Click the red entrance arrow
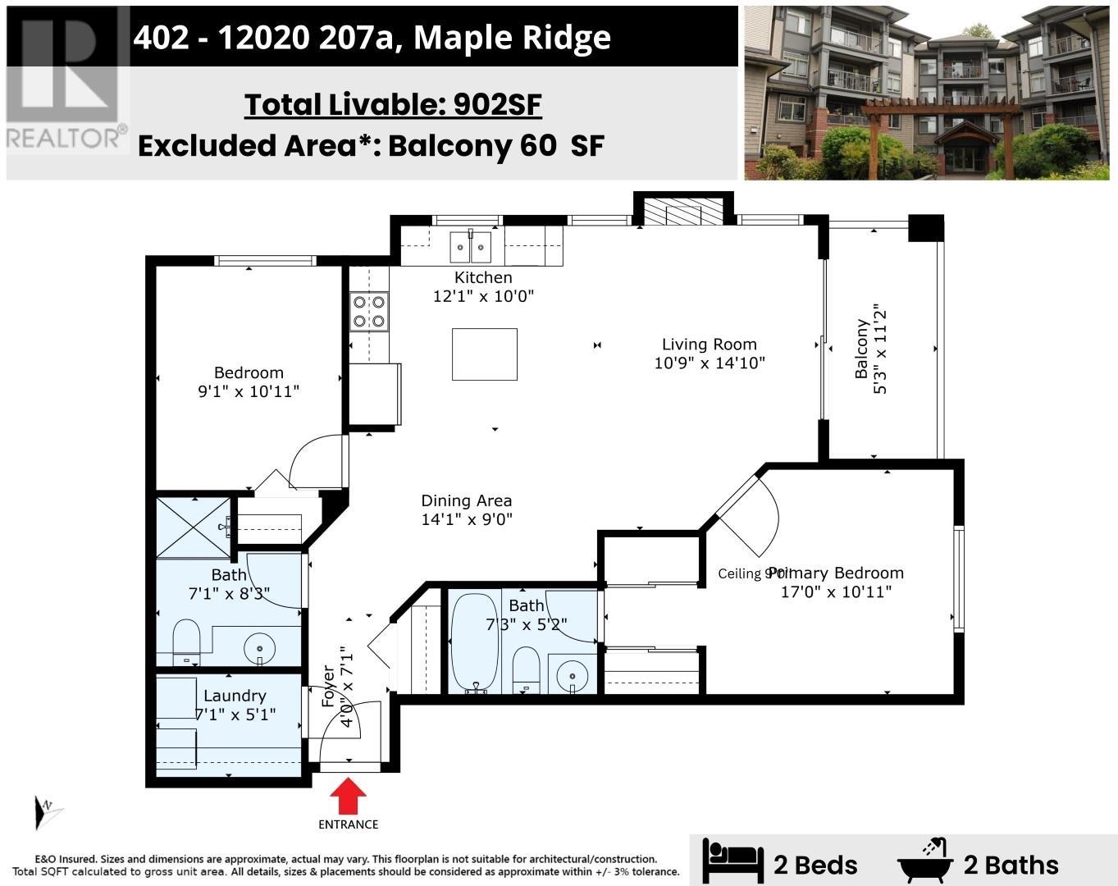coord(349,796)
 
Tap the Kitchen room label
coord(483,277)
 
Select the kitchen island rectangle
coord(484,354)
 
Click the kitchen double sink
coord(470,246)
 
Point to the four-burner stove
coord(368,311)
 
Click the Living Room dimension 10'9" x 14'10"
coord(709,363)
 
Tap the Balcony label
coord(861,349)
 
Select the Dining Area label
coord(466,500)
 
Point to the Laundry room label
coord(235,696)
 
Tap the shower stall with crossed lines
coord(194,527)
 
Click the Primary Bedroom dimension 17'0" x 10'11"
coord(835,591)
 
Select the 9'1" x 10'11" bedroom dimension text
coord(248,391)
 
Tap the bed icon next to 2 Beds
coord(732,863)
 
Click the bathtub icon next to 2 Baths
coord(925,861)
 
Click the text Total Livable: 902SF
coord(393,105)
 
